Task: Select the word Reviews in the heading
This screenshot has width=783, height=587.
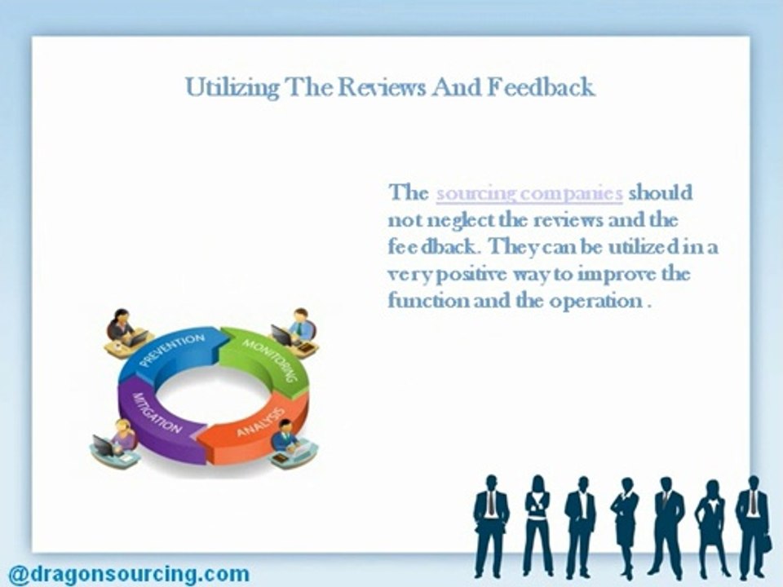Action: (x=378, y=87)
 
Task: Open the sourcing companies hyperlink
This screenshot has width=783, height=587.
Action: (x=529, y=194)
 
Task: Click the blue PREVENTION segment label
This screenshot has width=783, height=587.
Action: (x=171, y=350)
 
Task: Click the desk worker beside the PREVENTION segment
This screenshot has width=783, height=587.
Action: (x=124, y=330)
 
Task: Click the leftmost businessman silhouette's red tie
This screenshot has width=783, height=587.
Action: (x=490, y=505)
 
